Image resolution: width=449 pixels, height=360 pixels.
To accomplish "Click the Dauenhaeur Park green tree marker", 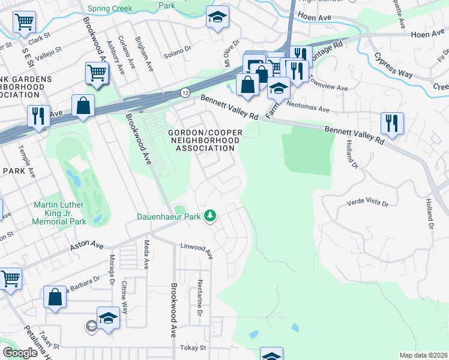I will coord(209,215).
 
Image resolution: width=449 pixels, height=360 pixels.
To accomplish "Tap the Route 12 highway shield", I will coord(185,93).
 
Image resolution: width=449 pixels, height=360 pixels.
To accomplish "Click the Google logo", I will coord(20,353).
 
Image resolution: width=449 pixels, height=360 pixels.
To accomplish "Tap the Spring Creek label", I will coord(110,8).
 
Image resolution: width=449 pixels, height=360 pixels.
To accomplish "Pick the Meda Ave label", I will coord(146,254).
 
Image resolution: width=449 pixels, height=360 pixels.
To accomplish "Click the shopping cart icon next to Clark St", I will coord(24,23).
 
